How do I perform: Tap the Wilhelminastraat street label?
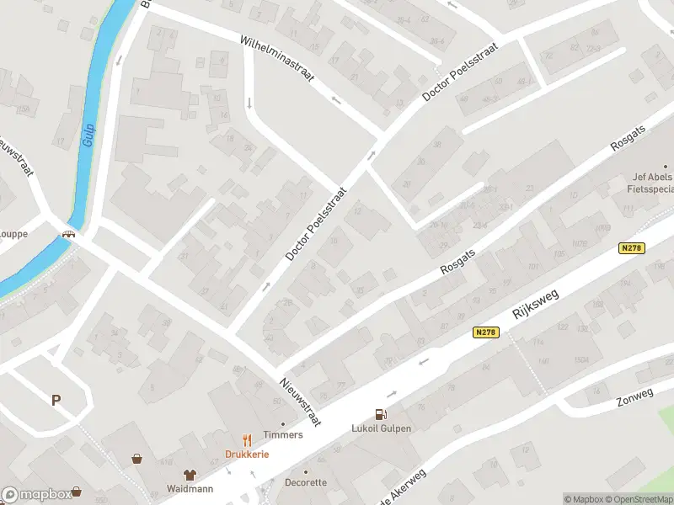coord(276,58)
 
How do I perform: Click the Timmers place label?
coord(282,435)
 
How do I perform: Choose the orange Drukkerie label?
coord(246,454)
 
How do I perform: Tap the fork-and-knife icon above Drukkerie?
coord(246,439)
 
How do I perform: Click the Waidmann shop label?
coord(190,488)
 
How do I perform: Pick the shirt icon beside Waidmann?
coord(190,475)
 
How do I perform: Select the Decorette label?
coord(305,483)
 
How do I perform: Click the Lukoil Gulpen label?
coord(381,428)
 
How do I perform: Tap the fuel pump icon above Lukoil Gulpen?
coord(381,413)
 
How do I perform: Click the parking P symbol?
coord(56,401)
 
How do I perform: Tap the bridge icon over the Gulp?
coord(69,235)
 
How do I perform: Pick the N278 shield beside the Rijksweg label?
coord(486,333)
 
